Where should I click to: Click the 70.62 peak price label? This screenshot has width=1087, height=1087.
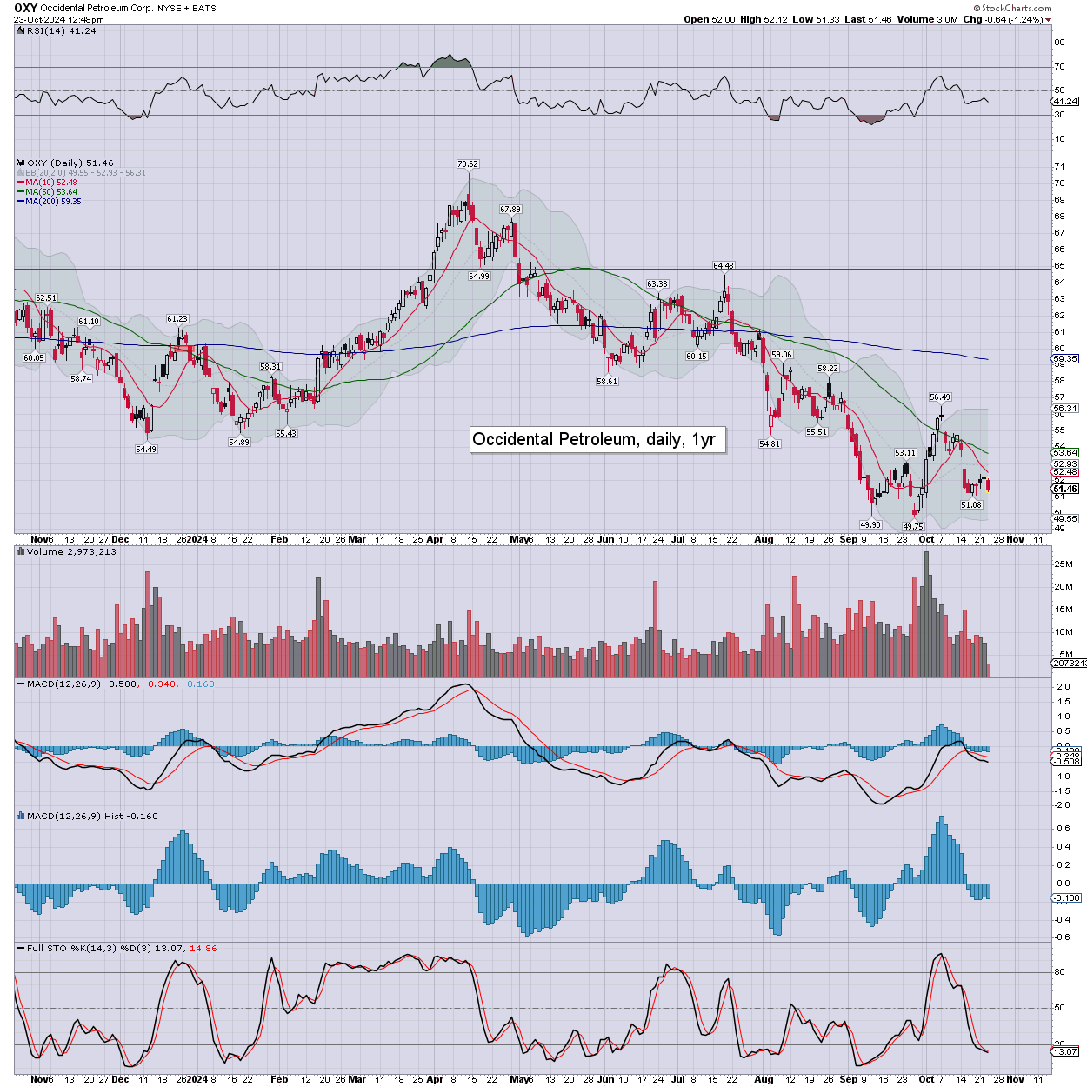[x=468, y=164]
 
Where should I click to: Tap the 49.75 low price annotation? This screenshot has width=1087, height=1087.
[x=912, y=527]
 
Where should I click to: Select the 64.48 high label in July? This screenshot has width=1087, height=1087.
[x=724, y=266]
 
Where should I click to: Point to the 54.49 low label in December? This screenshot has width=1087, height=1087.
[x=146, y=450]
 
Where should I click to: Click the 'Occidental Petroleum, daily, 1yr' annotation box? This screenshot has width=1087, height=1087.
[x=594, y=439]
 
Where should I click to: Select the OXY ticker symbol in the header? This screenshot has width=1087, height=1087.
[x=25, y=8]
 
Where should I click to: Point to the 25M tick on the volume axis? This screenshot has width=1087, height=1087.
[x=1064, y=564]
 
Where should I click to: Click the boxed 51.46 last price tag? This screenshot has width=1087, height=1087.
[x=1065, y=490]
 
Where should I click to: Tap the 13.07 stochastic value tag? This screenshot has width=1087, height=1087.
[x=1065, y=1052]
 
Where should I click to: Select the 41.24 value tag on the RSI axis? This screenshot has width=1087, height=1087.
[x=1065, y=102]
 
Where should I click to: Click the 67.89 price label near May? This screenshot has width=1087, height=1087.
[x=510, y=210]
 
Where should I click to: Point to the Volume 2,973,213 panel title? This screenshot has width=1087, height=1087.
[x=71, y=552]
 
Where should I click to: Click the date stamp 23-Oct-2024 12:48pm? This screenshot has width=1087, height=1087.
[x=58, y=19]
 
